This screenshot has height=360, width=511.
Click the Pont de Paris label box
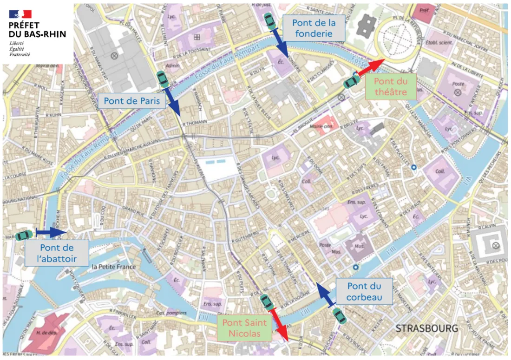131,101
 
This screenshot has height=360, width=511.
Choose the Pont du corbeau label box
364,292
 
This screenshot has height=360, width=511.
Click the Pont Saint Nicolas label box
241,328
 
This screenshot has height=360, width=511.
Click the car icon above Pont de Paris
162,79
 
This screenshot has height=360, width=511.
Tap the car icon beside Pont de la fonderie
269,21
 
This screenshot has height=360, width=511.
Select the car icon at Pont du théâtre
351,82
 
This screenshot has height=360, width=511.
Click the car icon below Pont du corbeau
340,315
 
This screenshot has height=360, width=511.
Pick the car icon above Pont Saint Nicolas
266,302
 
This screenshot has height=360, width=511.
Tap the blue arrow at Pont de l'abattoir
51,231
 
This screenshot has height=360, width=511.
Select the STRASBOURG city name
426,328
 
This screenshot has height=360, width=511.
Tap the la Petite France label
114,267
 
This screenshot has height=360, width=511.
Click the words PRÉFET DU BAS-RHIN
37,30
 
